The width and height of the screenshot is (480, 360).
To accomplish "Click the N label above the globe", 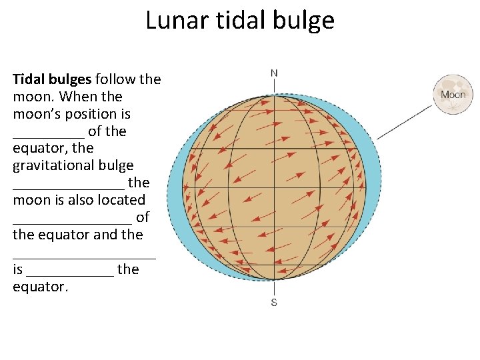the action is tap(274, 73).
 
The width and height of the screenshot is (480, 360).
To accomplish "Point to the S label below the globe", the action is tap(274, 303).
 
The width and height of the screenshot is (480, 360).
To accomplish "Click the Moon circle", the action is tap(453, 95).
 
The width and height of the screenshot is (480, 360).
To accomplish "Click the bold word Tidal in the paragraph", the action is tap(29, 79).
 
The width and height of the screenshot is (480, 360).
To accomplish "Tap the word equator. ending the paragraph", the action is tap(40, 287).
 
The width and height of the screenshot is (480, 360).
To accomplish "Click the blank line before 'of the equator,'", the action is tap(48, 133).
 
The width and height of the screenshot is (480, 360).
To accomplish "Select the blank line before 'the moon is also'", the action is tap(68, 185).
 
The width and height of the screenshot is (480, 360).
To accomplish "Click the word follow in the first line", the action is tap(115, 79).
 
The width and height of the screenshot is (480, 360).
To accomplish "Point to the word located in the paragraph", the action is tap(120, 200).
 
